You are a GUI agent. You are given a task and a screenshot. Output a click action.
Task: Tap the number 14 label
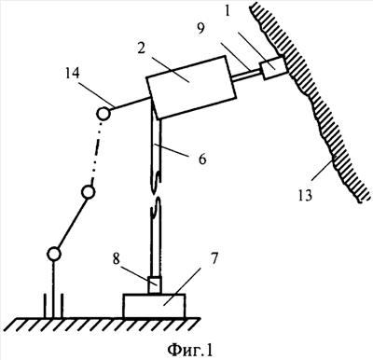point(72,75)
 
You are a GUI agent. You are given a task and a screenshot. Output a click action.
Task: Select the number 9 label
point(200,29)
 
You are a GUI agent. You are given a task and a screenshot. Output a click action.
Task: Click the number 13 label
point(305,195)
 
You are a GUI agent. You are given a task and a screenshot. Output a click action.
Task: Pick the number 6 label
point(202,159)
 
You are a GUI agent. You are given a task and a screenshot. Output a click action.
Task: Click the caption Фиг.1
point(190,350)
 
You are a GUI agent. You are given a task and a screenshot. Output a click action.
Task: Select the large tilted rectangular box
point(190,88)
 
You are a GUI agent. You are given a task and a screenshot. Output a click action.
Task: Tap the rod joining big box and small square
point(246,76)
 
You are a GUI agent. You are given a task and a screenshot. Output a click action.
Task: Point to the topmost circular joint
point(103,114)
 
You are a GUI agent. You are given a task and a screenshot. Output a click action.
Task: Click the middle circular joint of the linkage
point(88,192)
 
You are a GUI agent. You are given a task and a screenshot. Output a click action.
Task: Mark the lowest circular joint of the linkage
point(54,255)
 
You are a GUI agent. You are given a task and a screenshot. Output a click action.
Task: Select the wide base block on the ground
point(155,306)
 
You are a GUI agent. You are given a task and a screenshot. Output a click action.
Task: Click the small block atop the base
point(155,285)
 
